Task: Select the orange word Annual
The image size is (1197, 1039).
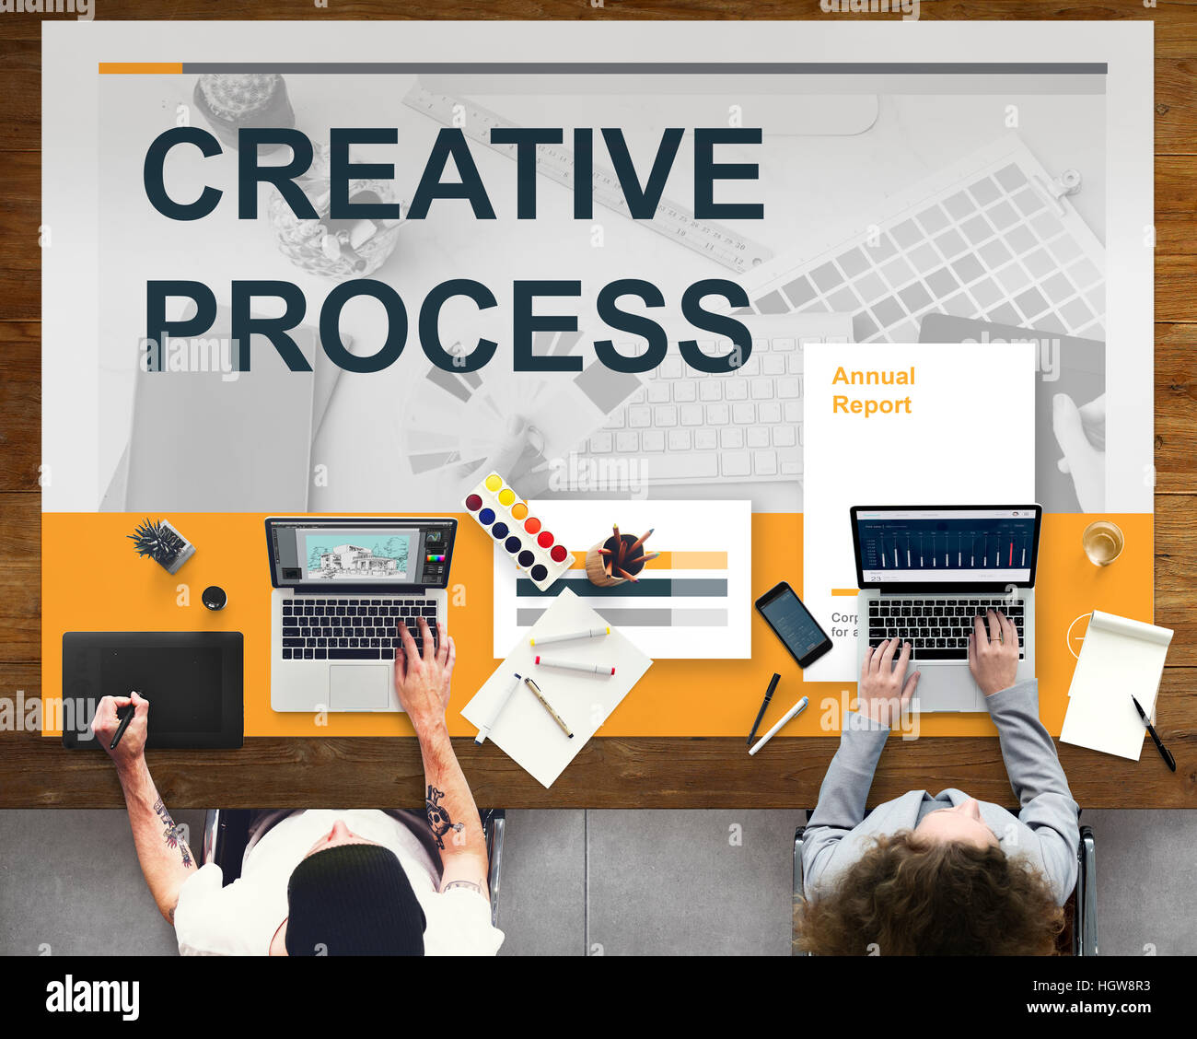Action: coord(873,376)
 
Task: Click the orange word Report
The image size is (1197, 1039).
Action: coord(871,405)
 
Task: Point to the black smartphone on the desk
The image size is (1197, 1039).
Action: coord(793,624)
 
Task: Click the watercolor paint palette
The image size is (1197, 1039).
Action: coord(516,529)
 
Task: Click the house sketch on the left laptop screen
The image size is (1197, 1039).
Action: coord(354,556)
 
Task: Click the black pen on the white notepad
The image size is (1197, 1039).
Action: coord(1153,733)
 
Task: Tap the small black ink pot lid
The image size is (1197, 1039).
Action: coord(214,598)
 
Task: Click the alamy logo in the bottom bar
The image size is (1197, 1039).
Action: coord(92,997)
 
